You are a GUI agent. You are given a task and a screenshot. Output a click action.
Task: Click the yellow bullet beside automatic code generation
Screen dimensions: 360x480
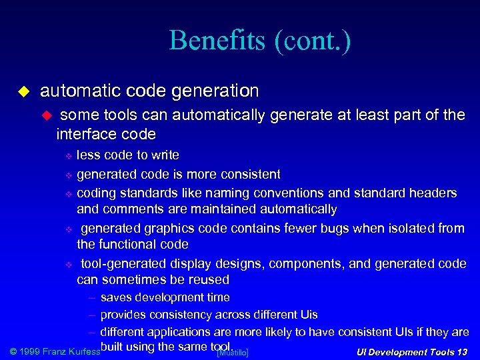click(23, 90)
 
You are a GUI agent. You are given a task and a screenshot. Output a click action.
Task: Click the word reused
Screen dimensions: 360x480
click(210, 280)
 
